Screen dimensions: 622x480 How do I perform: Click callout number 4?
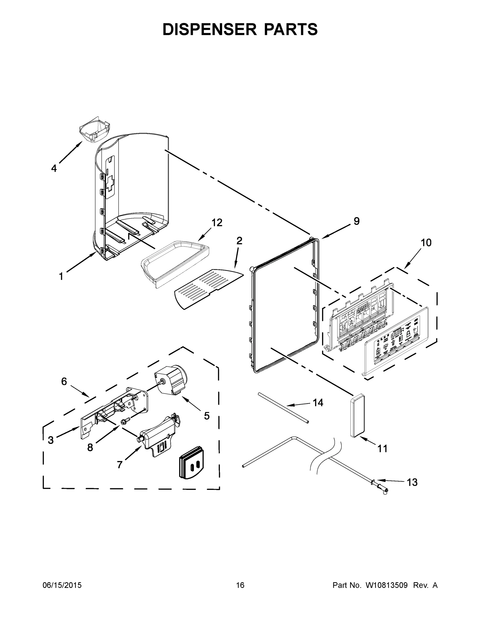(54, 168)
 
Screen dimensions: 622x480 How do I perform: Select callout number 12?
(217, 222)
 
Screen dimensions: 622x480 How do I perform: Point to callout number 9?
(357, 221)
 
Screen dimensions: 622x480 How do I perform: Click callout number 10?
(426, 243)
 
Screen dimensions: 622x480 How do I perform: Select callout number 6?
(64, 381)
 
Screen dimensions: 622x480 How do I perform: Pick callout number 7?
(120, 465)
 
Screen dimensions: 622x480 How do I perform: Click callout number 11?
(382, 449)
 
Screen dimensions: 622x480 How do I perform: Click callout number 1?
(61, 276)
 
